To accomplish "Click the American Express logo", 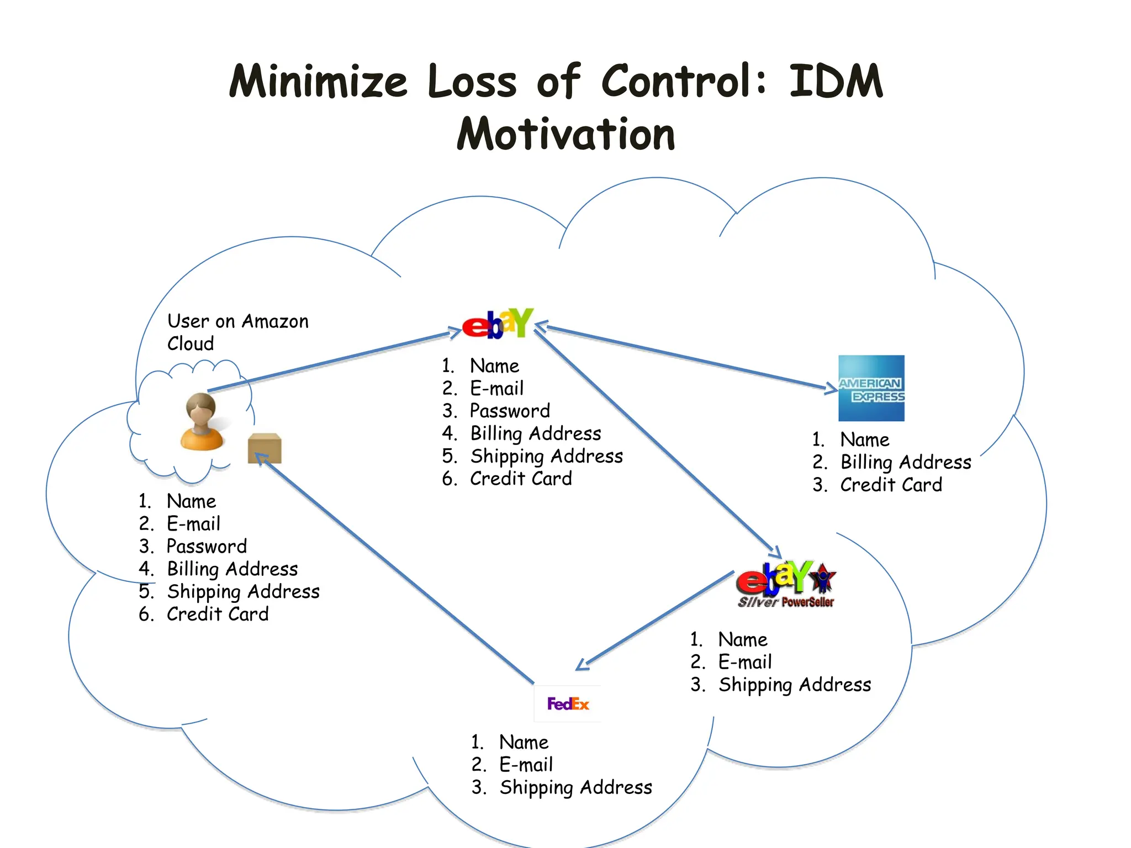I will point(871,388).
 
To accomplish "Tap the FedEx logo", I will point(568,704).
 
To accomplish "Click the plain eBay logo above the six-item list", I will point(498,324).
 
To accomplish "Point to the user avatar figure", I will point(202,422).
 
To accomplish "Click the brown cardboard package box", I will point(265,448).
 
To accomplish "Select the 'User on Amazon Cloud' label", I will point(237,332).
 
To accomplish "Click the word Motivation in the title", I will point(566,134).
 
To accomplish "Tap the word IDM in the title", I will point(836,81).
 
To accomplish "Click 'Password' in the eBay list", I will point(510,411).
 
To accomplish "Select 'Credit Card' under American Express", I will point(891,485).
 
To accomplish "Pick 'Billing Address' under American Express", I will point(905,462).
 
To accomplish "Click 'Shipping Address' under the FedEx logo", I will point(575,787).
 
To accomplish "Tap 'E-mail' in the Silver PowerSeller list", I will point(744,662).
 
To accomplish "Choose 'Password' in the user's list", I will point(207,546).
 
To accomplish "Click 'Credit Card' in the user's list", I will point(218,614).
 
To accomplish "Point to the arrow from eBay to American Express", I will point(685,358).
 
